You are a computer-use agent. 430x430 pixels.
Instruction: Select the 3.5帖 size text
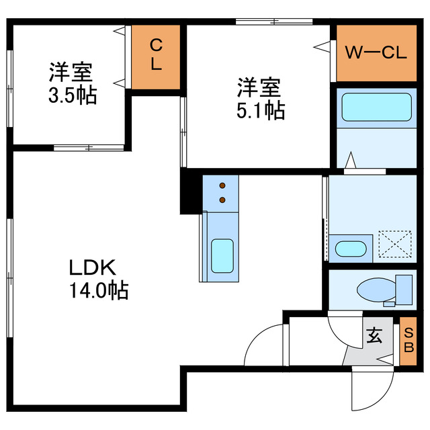[x=72, y=96]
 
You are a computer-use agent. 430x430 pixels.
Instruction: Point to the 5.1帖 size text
[x=260, y=110]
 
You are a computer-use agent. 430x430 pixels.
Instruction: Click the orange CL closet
[x=156, y=56]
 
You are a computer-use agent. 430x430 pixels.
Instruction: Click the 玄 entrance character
[x=374, y=335]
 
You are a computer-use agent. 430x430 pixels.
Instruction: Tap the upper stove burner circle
[x=222, y=184]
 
